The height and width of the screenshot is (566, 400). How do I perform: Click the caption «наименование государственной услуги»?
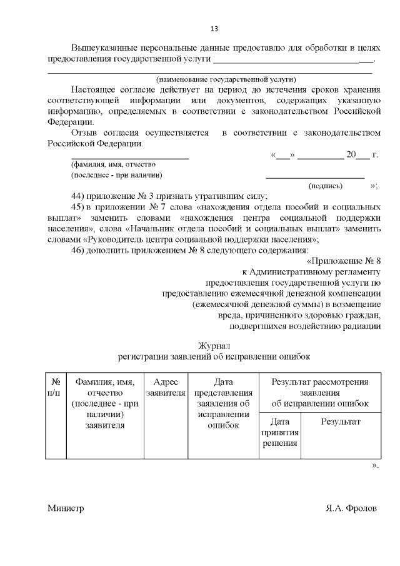(226, 79)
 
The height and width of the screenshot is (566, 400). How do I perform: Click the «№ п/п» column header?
(56, 388)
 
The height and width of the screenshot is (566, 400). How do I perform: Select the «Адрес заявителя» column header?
(166, 388)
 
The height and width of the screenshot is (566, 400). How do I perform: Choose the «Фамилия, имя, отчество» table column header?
(105, 403)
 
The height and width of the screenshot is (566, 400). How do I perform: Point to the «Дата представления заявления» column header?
(223, 403)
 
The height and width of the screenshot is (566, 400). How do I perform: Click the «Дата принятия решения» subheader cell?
(279, 432)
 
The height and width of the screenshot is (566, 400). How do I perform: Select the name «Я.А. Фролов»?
(351, 508)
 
